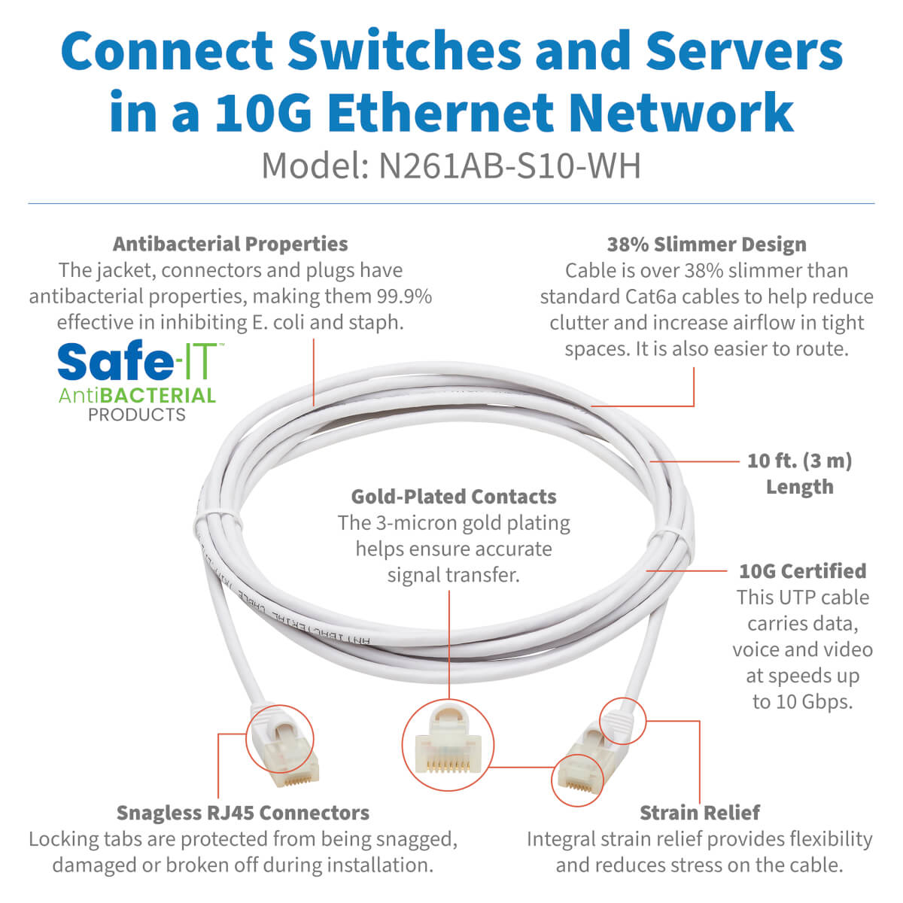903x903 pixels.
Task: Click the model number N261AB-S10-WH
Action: pyautogui.click(x=509, y=166)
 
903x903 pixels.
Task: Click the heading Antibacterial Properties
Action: pyautogui.click(x=230, y=244)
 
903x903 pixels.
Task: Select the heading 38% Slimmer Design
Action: pyautogui.click(x=707, y=245)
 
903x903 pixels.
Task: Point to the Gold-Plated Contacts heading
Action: pyautogui.click(x=454, y=497)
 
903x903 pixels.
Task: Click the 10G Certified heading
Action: pyautogui.click(x=802, y=571)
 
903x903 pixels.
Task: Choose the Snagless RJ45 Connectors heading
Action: pyautogui.click(x=243, y=813)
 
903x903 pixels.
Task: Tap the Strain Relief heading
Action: pyautogui.click(x=699, y=813)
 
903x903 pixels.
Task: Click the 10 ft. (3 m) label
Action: pyautogui.click(x=799, y=461)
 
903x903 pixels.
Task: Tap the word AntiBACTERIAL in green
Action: pyautogui.click(x=137, y=395)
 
